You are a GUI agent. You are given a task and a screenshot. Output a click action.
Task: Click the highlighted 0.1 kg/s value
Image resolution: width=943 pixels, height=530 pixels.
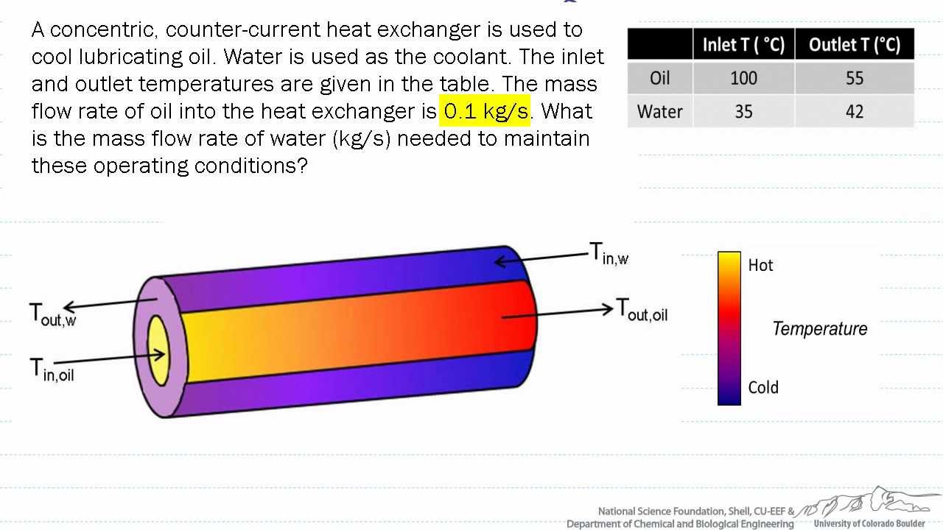click(485, 111)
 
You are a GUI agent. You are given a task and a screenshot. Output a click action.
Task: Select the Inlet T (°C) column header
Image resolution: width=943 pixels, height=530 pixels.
click(743, 44)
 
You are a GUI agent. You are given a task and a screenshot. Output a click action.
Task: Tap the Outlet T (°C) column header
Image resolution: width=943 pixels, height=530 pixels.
click(854, 44)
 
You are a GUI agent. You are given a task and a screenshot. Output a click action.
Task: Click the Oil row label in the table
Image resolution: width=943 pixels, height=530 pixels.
click(660, 78)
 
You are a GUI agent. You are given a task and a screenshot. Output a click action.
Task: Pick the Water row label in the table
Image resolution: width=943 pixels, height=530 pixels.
click(660, 112)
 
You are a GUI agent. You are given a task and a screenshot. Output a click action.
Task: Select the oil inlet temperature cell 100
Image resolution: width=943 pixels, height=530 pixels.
click(743, 78)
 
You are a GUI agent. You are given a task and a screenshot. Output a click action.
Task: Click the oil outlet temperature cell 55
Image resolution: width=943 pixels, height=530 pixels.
click(854, 78)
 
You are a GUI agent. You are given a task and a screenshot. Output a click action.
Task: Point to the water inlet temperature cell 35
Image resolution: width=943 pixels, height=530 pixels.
click(743, 112)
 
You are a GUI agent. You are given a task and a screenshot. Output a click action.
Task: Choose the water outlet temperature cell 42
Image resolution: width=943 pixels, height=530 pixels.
click(854, 112)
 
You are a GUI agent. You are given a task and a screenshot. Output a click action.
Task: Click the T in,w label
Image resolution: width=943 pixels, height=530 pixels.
click(609, 254)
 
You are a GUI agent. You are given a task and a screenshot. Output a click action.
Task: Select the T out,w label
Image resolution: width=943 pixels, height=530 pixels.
click(52, 314)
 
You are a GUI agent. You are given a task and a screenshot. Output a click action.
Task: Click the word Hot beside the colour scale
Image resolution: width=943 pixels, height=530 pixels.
click(760, 265)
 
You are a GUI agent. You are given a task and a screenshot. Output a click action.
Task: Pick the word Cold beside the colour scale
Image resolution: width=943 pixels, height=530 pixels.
click(763, 387)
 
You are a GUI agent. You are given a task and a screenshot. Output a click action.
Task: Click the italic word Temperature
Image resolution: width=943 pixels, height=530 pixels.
click(819, 329)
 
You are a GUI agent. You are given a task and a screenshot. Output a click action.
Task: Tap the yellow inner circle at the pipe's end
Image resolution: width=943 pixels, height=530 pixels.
click(158, 350)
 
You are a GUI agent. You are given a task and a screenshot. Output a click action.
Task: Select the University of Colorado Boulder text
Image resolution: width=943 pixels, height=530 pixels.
click(869, 523)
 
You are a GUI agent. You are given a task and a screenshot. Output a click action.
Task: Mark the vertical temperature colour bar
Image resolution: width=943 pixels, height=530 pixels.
click(729, 328)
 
